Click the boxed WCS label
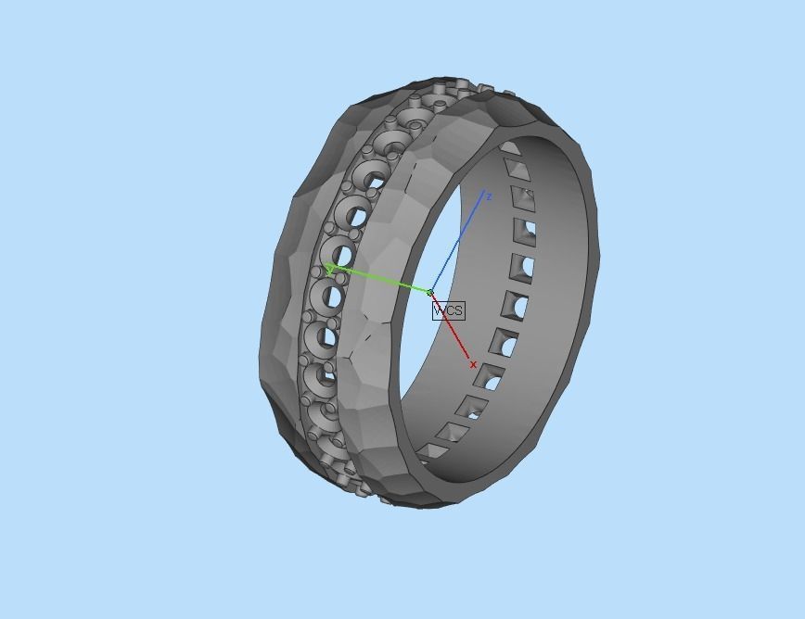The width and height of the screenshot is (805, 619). click(448, 310)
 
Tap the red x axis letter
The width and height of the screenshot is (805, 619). click(474, 365)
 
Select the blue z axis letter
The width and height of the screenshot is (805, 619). click(488, 196)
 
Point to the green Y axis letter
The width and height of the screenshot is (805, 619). click(329, 269)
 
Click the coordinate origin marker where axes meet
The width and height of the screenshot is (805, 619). click(430, 293)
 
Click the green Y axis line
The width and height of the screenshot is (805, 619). click(380, 281)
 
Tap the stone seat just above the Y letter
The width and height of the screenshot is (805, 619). click(339, 252)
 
